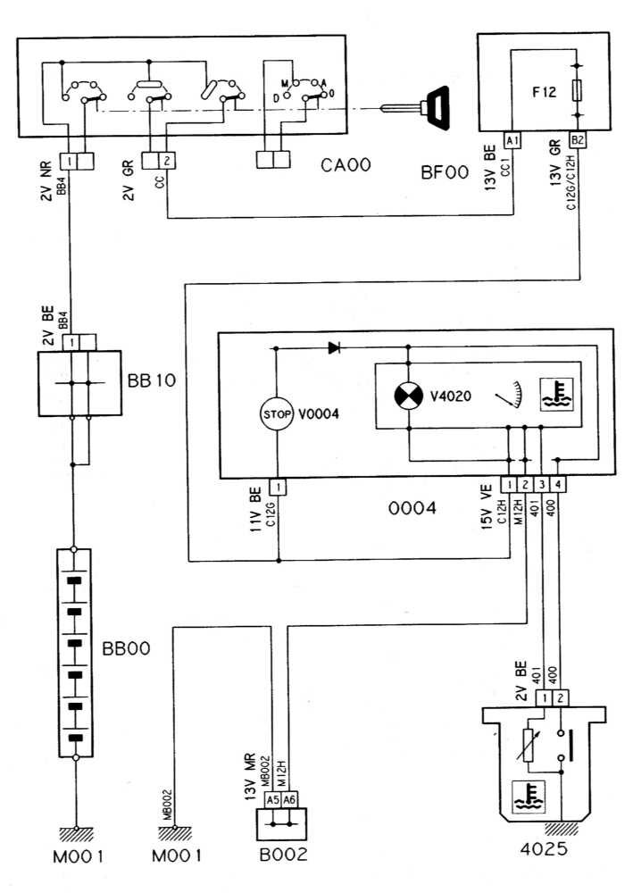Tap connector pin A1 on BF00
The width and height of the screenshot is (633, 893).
tap(512, 141)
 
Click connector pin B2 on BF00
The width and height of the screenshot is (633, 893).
tap(579, 141)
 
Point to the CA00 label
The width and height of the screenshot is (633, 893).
tap(347, 166)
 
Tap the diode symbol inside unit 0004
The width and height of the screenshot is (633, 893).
tap(334, 347)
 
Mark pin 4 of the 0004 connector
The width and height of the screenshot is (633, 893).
tap(558, 486)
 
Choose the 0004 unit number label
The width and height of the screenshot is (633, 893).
tap(412, 509)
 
